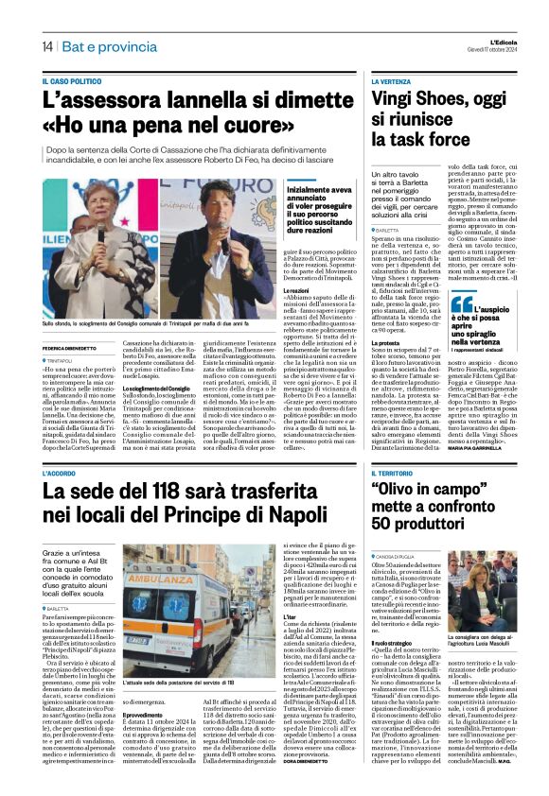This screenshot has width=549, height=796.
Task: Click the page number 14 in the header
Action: pos(46,46)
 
